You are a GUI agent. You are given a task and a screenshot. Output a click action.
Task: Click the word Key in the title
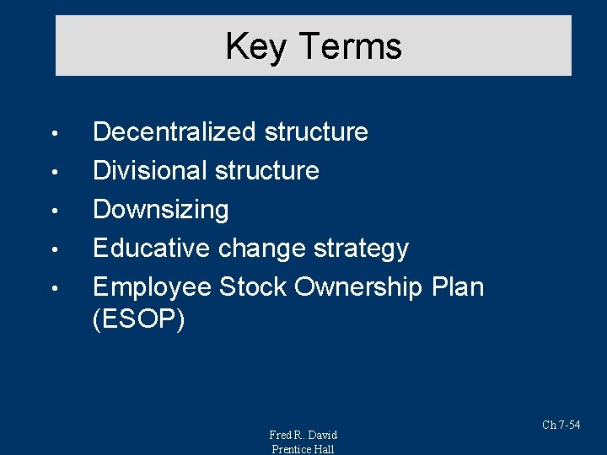click(x=255, y=46)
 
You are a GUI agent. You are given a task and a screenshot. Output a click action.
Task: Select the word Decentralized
click(x=175, y=132)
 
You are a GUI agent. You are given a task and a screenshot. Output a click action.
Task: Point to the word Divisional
click(x=150, y=171)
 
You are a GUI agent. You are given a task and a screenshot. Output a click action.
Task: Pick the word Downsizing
click(x=160, y=210)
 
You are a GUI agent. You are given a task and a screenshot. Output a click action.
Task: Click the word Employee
click(x=153, y=287)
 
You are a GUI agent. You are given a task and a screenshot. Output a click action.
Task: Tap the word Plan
click(x=458, y=287)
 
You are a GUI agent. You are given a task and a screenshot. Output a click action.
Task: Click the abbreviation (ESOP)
click(x=138, y=320)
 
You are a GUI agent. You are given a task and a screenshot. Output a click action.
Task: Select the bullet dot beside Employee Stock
click(x=53, y=289)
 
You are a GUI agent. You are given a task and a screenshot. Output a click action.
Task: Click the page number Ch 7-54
click(x=561, y=426)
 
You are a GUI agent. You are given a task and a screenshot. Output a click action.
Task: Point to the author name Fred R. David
click(x=303, y=435)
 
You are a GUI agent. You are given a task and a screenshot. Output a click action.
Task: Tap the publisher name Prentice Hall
click(x=303, y=449)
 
